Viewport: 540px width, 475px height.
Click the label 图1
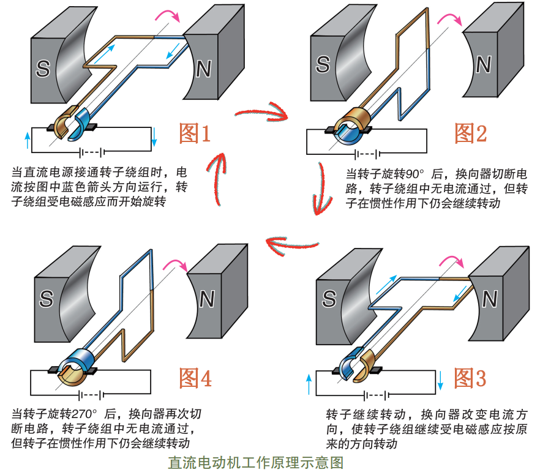pyautogui.click(x=195, y=133)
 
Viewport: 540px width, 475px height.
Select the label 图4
pyautogui.click(x=195, y=378)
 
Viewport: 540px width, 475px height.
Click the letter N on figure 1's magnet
pyautogui.click(x=204, y=69)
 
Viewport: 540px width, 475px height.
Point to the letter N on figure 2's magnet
pyautogui.click(x=484, y=64)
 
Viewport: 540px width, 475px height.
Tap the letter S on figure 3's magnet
pyautogui.click(x=329, y=299)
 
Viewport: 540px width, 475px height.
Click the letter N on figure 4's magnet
pyautogui.click(x=207, y=300)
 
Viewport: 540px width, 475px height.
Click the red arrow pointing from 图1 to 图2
pyautogui.click(x=262, y=113)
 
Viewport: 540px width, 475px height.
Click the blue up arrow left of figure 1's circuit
pyautogui.click(x=26, y=140)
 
